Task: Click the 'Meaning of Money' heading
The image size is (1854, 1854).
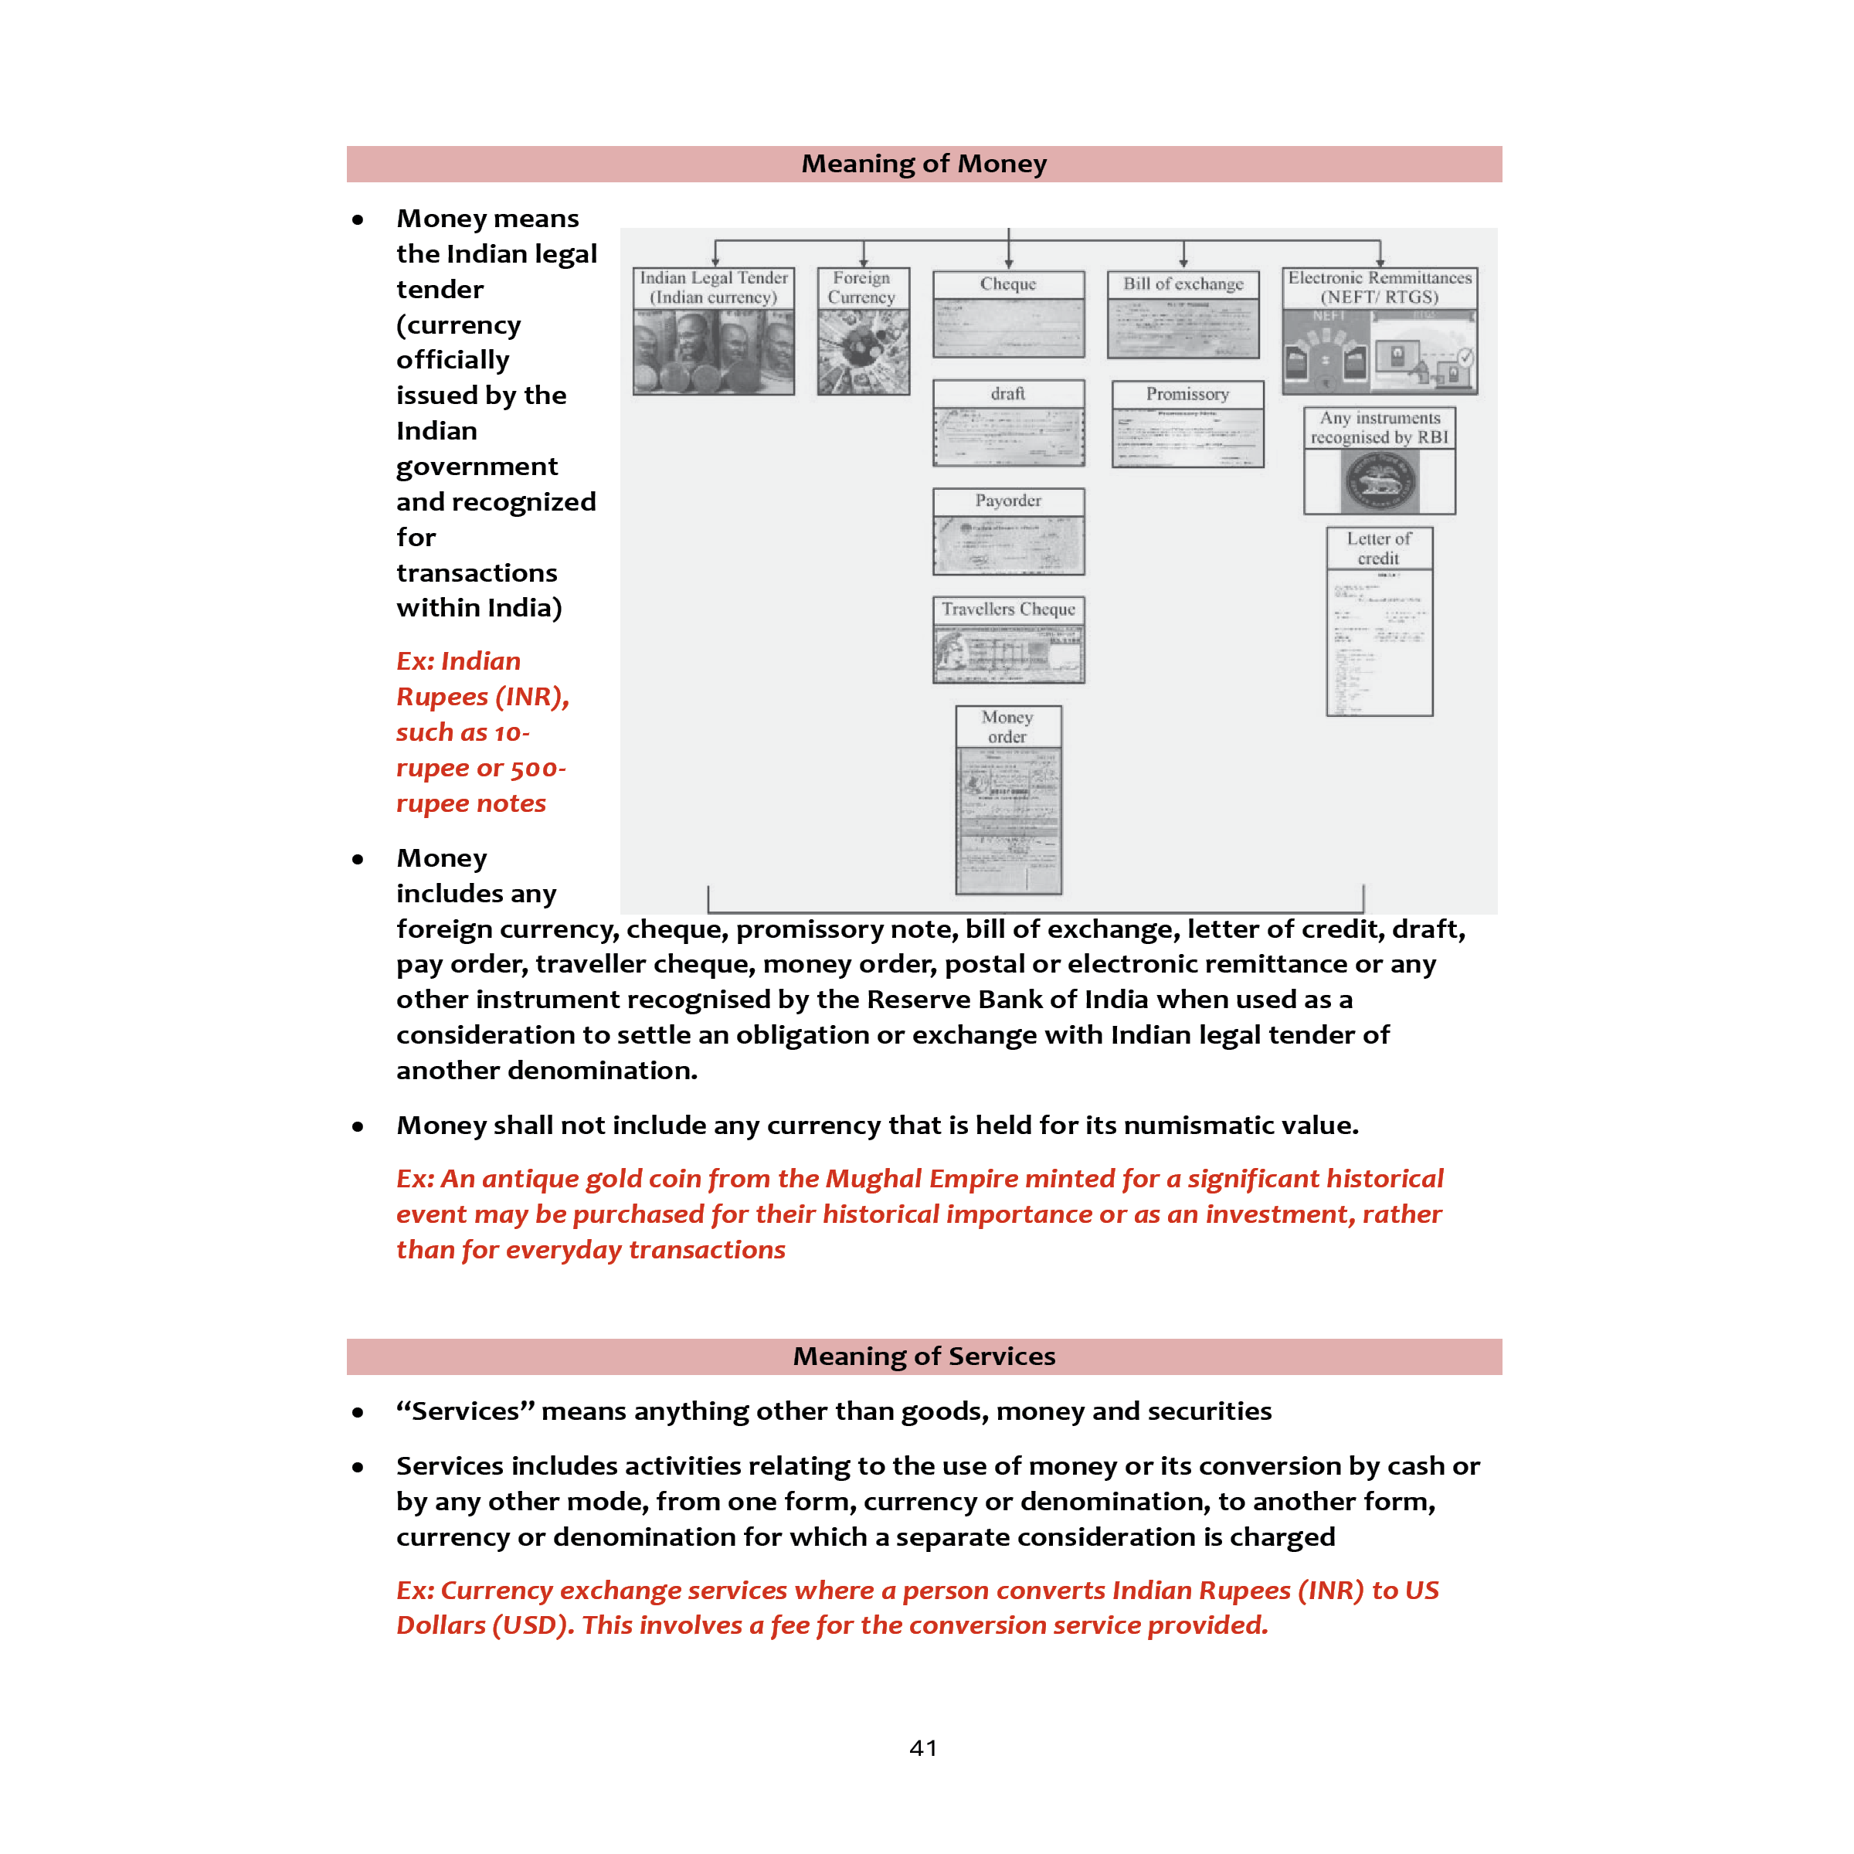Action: (x=923, y=164)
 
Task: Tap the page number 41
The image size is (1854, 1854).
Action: (x=923, y=1747)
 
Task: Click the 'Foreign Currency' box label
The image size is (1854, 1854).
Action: (x=862, y=287)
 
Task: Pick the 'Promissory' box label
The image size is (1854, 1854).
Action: (x=1187, y=395)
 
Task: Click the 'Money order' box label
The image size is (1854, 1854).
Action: (x=1007, y=726)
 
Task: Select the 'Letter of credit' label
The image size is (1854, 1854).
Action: (x=1378, y=548)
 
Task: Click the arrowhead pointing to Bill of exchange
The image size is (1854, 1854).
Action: (x=1183, y=262)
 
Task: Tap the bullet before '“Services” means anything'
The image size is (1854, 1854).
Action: (x=358, y=1413)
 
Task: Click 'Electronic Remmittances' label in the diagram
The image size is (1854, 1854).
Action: (x=1379, y=277)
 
